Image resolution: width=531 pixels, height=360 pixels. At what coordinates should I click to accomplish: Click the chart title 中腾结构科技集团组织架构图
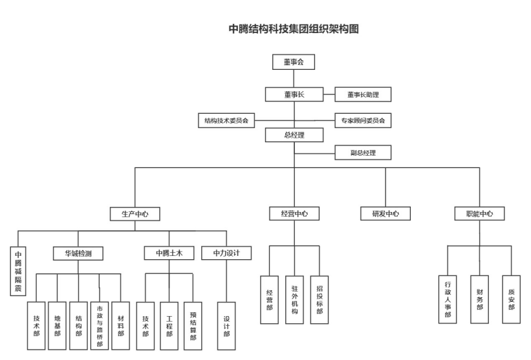(294, 29)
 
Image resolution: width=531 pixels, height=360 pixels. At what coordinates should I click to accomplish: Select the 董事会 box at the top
(294, 63)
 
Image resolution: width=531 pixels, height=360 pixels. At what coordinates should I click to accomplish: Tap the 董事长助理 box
(362, 94)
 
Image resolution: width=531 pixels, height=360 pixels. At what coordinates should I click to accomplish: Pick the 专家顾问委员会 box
(363, 120)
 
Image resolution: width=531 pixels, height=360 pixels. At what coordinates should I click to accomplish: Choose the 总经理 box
(294, 135)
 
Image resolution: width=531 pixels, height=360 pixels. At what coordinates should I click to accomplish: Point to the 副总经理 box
(362, 154)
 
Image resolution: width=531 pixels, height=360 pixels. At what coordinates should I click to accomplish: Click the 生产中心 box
(135, 214)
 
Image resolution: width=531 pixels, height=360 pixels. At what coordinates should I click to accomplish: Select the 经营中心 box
(294, 214)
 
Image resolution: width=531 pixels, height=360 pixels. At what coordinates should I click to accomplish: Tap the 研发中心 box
(385, 214)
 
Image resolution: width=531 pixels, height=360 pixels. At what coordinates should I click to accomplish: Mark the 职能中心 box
(480, 214)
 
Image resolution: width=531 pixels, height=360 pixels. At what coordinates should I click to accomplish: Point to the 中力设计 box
(226, 253)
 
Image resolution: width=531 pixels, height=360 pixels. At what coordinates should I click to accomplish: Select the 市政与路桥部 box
(100, 326)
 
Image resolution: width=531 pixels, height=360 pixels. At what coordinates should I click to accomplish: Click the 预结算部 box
(192, 326)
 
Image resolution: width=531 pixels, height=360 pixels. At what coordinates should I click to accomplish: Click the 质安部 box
(511, 298)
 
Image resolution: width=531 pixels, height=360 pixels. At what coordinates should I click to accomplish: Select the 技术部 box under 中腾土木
(146, 326)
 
